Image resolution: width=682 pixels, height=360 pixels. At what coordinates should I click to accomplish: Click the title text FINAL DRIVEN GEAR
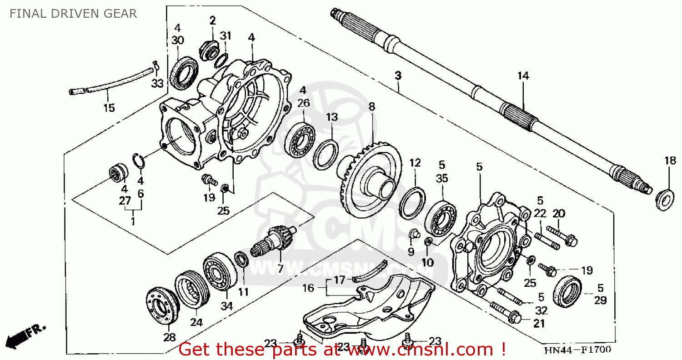coord(73,14)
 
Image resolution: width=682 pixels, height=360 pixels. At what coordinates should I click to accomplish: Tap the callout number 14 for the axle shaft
coord(523,76)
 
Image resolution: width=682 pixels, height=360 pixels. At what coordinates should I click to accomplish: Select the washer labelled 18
coord(665,199)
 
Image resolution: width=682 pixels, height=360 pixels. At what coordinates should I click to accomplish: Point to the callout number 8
coord(371,107)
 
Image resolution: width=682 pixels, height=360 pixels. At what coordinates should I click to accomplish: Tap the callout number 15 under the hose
coord(109,108)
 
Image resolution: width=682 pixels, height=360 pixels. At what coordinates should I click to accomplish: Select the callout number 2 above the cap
coord(212,20)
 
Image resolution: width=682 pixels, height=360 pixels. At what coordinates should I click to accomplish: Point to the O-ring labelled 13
coord(326,154)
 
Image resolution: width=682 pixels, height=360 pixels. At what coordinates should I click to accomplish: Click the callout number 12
coord(415,163)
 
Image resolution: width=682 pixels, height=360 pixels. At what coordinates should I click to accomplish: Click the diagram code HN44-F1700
coord(578,350)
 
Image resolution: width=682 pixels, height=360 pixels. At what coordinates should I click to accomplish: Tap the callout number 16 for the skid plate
coord(308,288)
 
